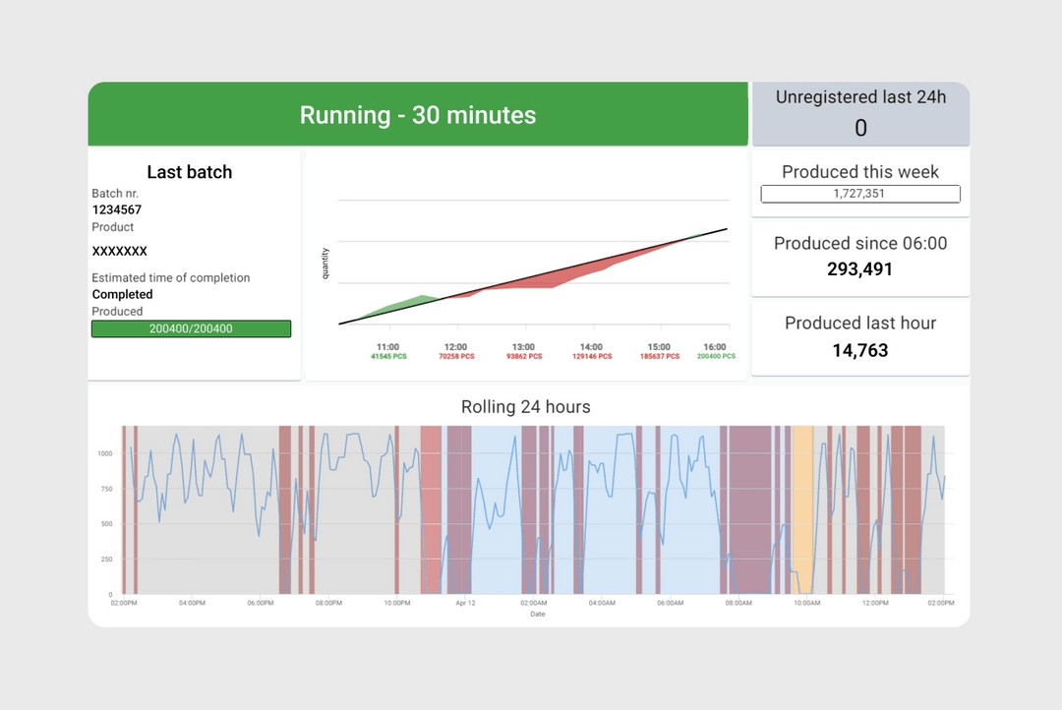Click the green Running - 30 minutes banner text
click(418, 115)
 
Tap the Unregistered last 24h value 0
click(860, 128)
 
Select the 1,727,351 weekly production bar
click(860, 194)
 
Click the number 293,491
click(860, 268)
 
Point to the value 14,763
click(860, 350)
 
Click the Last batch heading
click(190, 172)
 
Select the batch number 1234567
click(117, 209)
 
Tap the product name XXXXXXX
click(120, 251)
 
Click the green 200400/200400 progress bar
click(191, 328)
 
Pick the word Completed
click(123, 294)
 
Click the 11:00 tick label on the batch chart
click(387, 347)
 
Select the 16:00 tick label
click(715, 347)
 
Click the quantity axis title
click(325, 264)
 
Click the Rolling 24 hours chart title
click(526, 406)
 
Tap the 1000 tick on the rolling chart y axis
click(104, 453)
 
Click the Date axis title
click(537, 614)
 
